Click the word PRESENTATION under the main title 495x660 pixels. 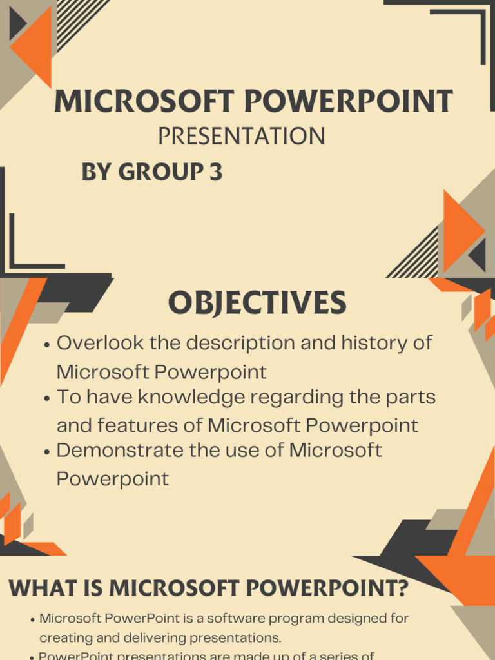(241, 136)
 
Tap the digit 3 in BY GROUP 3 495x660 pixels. (215, 172)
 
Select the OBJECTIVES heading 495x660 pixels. (257, 303)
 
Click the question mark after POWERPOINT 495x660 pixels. (402, 588)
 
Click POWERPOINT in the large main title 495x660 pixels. (348, 101)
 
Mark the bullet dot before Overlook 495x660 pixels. (46, 345)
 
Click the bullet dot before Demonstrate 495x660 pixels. (46, 452)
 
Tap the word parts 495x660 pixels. (412, 397)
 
